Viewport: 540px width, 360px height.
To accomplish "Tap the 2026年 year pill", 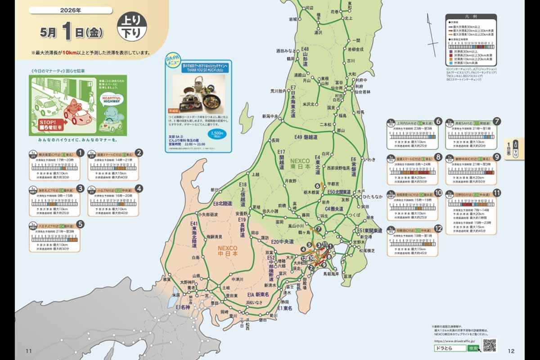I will pos(74,10).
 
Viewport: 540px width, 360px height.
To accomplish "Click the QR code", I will pos(489,345).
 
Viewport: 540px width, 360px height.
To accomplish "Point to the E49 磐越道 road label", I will pos(307,137).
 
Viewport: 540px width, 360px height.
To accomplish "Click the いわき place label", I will pos(369,159).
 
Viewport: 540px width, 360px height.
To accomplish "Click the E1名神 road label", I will pos(184,307).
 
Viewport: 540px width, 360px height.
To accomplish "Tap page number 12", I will pos(511,351).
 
